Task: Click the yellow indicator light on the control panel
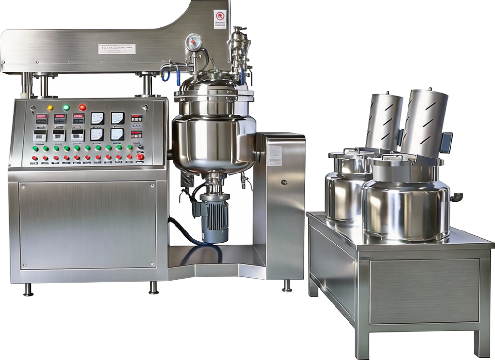click(x=50, y=107)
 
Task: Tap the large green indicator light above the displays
click(x=66, y=107)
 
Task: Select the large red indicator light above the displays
click(x=82, y=107)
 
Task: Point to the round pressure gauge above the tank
click(x=194, y=42)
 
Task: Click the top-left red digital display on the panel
click(x=42, y=117)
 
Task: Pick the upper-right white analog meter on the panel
click(x=117, y=117)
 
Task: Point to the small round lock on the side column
click(x=284, y=183)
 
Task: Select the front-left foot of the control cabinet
click(x=29, y=290)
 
